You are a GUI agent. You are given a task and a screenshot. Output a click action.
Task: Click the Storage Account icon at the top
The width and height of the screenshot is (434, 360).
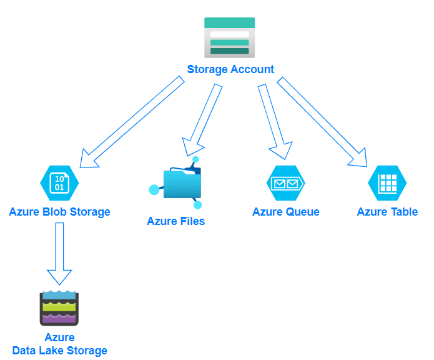tap(229, 38)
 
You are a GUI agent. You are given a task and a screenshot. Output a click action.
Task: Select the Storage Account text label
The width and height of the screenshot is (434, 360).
tap(230, 69)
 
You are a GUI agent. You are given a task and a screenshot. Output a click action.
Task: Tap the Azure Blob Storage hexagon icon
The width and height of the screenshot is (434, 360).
tap(59, 182)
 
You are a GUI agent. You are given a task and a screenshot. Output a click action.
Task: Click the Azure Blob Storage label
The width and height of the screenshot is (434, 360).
tap(59, 212)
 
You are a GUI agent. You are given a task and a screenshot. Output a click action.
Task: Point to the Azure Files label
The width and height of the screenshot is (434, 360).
tap(175, 221)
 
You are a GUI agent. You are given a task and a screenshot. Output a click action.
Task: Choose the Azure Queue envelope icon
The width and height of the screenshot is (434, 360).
tap(286, 183)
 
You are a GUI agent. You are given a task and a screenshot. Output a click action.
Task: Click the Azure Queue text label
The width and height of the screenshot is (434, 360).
tap(285, 212)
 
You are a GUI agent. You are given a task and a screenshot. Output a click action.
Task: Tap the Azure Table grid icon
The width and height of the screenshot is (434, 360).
tap(387, 183)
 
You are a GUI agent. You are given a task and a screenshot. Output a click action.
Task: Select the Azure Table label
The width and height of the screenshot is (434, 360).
tap(387, 212)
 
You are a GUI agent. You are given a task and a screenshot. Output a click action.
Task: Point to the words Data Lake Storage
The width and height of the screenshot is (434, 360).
tap(59, 351)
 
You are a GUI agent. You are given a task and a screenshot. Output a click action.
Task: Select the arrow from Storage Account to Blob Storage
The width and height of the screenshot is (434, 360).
tap(134, 122)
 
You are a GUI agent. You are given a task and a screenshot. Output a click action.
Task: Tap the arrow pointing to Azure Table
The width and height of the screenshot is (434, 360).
tap(322, 122)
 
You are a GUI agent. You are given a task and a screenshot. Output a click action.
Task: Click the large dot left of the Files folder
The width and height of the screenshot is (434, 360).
tap(154, 189)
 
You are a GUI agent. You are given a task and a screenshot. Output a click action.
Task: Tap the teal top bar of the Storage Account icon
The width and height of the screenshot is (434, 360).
tap(229, 22)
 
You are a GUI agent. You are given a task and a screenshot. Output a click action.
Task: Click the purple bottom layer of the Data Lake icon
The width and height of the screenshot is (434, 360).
tap(59, 319)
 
